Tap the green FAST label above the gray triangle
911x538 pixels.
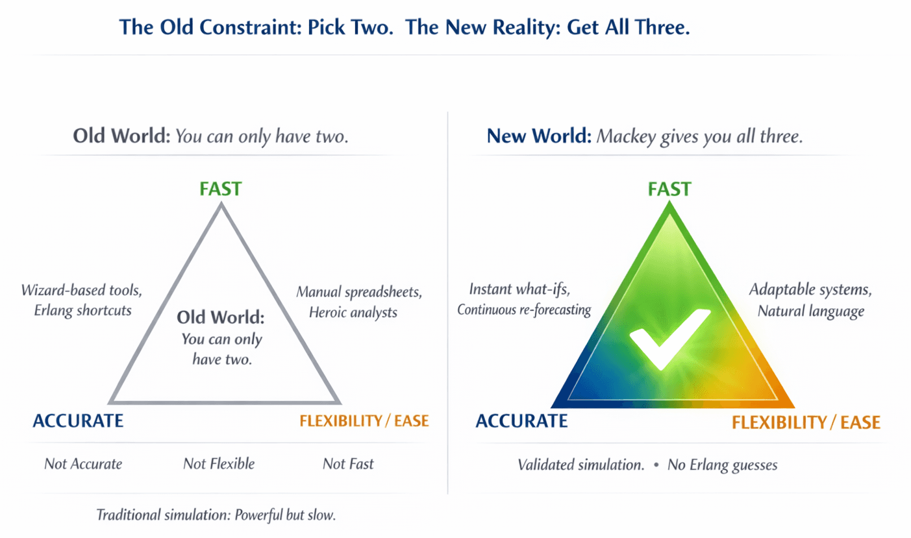pyautogui.click(x=221, y=189)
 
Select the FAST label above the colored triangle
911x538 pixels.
pyautogui.click(x=669, y=189)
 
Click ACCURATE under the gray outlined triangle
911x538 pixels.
pyautogui.click(x=78, y=421)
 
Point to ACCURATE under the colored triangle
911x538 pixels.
pyautogui.click(x=521, y=421)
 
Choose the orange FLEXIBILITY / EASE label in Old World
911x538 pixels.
pyautogui.click(x=364, y=421)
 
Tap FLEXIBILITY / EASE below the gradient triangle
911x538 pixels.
pyautogui.click(x=806, y=422)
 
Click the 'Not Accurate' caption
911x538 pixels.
pyautogui.click(x=82, y=463)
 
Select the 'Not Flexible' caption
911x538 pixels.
pyautogui.click(x=219, y=463)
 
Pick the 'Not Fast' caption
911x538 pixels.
pyautogui.click(x=348, y=463)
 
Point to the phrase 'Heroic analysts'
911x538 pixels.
pyautogui.click(x=353, y=312)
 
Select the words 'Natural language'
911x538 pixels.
pyautogui.click(x=810, y=311)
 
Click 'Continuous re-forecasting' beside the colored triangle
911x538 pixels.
pyautogui.click(x=524, y=310)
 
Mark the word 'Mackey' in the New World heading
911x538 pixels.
pyautogui.click(x=624, y=137)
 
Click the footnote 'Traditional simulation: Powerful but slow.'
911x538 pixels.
pyautogui.click(x=216, y=515)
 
